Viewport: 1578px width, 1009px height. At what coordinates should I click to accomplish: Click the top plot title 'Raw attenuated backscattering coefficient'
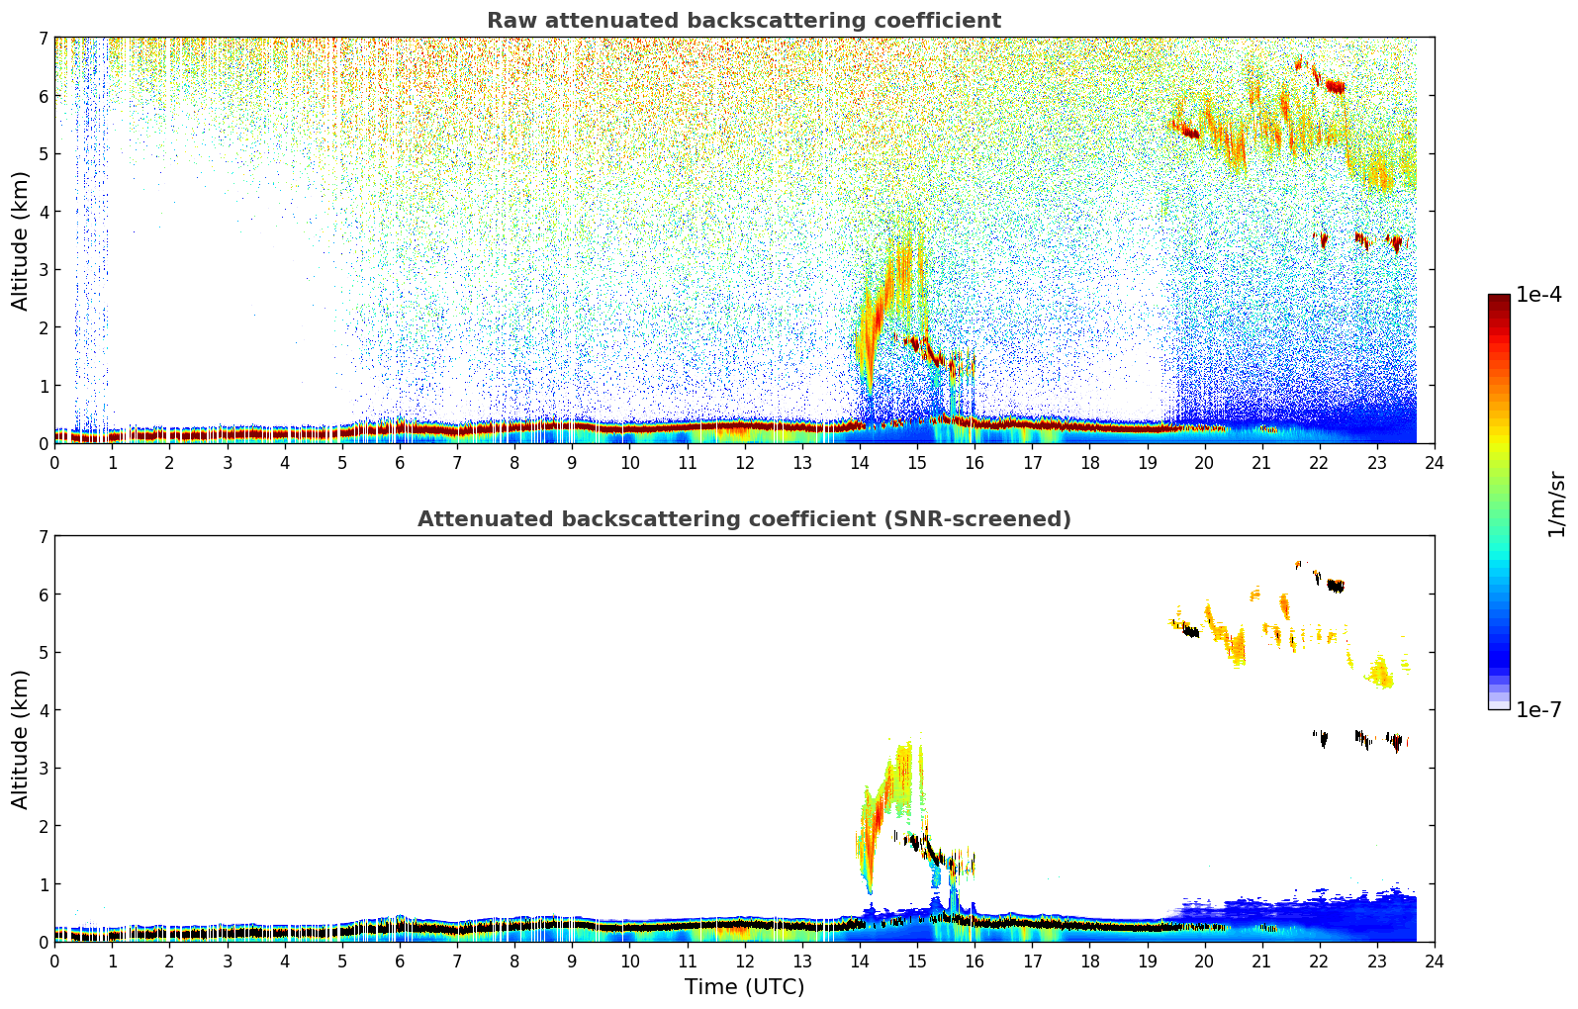[743, 21]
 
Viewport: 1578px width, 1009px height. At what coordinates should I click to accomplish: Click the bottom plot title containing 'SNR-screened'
[743, 519]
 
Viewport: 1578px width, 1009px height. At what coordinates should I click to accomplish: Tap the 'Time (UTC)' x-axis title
[744, 987]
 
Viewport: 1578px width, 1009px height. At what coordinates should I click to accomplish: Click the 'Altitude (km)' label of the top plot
[21, 240]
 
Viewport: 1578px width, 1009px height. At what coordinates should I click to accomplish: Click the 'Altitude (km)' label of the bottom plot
[21, 739]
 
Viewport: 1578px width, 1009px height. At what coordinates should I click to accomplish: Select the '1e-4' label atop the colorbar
[1538, 295]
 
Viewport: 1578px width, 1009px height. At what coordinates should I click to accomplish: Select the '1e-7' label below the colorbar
[1538, 710]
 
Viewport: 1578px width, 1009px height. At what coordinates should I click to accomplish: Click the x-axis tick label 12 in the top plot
[744, 462]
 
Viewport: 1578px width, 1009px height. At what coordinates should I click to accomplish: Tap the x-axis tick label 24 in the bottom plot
[1434, 961]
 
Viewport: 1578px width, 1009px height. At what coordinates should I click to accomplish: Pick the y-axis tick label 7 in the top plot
[43, 39]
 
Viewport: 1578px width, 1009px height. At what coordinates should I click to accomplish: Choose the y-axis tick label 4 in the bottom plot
[43, 710]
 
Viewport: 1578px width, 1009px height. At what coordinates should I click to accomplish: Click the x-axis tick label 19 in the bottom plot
[1147, 961]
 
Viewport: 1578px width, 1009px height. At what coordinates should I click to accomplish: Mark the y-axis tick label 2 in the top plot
[43, 327]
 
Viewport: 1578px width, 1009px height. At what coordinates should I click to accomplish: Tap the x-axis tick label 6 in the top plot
[400, 462]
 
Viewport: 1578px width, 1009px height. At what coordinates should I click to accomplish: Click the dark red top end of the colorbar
[1499, 300]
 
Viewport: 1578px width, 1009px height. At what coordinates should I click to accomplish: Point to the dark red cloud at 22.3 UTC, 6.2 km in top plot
[1336, 86]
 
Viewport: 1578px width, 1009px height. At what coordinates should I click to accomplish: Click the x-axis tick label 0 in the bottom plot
[54, 961]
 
